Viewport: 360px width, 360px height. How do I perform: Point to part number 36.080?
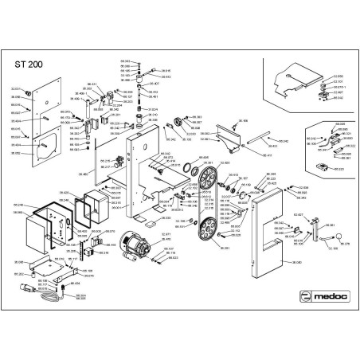coord(297,262)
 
